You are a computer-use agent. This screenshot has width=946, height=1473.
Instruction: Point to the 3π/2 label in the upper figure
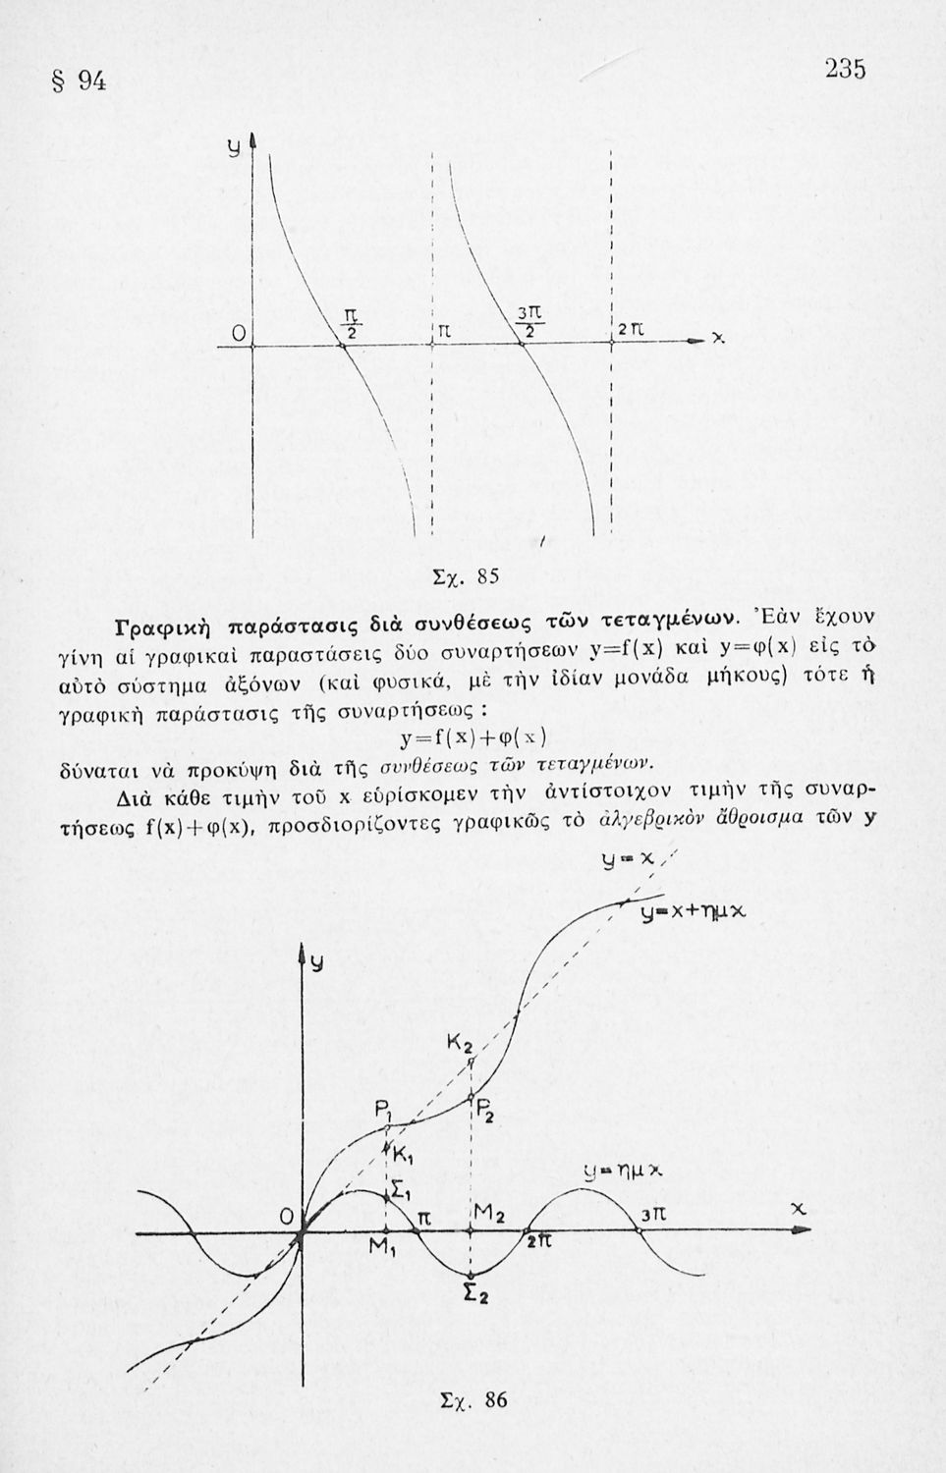tap(528, 321)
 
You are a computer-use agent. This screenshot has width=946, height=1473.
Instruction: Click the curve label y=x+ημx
tap(694, 911)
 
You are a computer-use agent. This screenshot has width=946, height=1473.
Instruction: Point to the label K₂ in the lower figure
tap(460, 1045)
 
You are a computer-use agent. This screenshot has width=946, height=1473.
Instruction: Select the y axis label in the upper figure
tap(234, 148)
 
